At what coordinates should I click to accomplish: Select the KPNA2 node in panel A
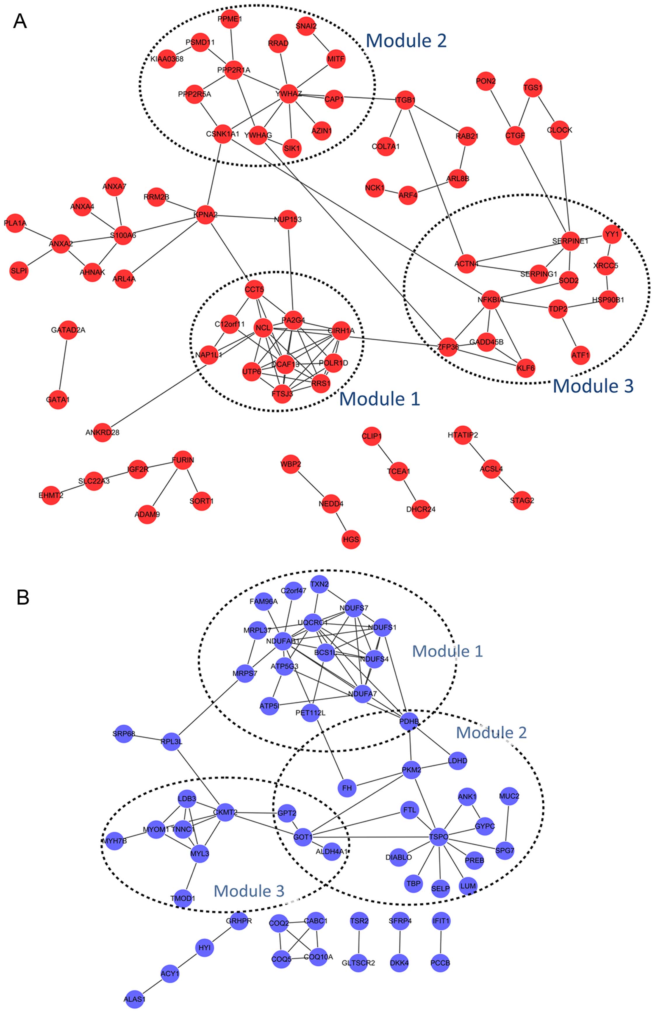(x=205, y=215)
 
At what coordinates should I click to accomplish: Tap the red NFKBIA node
(x=490, y=300)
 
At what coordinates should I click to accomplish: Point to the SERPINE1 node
(x=570, y=241)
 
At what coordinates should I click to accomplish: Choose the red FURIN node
(x=183, y=460)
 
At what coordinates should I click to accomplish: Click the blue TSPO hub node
(x=438, y=836)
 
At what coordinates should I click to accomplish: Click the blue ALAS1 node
(x=134, y=999)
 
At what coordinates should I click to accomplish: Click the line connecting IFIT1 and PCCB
(x=441, y=942)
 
